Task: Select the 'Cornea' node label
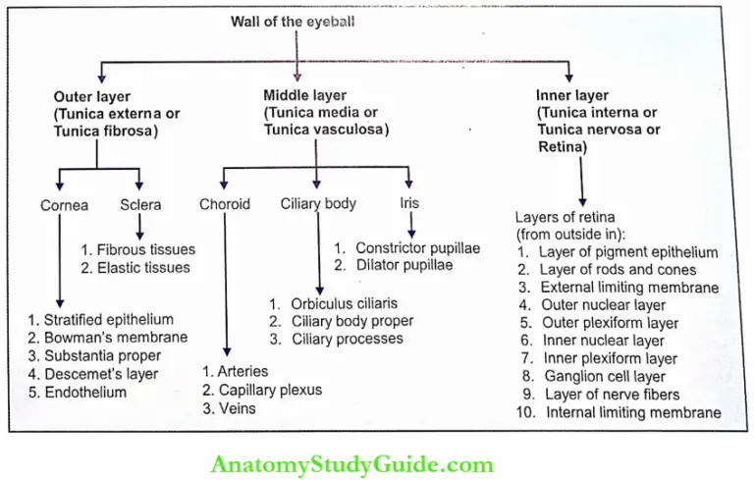coord(65,205)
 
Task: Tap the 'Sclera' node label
coord(140,205)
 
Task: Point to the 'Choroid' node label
coord(225,204)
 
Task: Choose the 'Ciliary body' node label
coord(318,204)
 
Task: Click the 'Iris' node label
coord(409,204)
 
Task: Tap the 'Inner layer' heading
coord(572,97)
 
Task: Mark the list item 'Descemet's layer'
coord(109,374)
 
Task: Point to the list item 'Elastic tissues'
coord(144,267)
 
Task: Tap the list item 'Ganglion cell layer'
coord(616,376)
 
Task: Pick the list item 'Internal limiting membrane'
coord(629,412)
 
